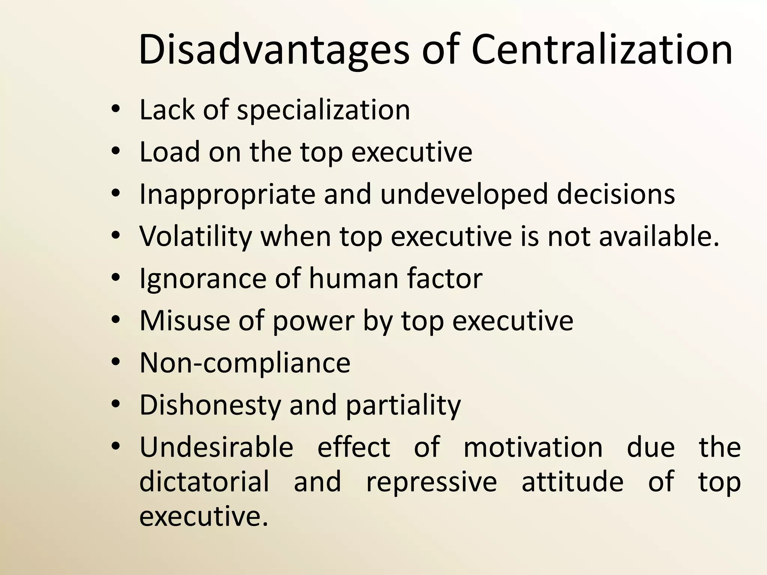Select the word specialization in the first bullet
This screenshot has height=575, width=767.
[324, 110]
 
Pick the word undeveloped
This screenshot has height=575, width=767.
[464, 195]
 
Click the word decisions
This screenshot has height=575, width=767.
[616, 195]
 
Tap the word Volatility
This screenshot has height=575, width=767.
[195, 237]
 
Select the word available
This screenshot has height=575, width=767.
[659, 237]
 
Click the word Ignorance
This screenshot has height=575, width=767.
[203, 279]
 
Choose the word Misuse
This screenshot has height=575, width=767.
[185, 321]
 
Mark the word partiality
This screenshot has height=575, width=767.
[403, 405]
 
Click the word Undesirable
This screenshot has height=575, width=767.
[216, 447]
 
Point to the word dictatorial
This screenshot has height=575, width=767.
[204, 482]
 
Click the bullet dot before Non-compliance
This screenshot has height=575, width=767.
[116, 362]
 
